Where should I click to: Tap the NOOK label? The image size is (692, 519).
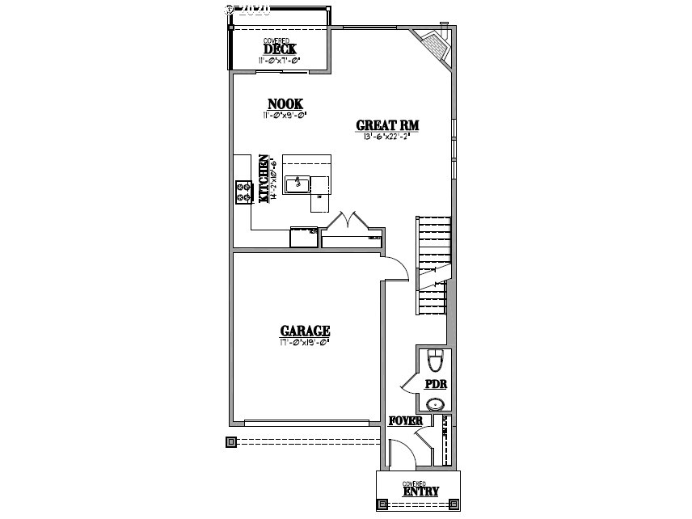pos(285,103)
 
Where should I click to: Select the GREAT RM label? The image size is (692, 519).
pos(388,125)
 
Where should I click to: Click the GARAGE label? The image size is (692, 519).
pos(305,331)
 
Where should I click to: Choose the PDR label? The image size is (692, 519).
pos(437,384)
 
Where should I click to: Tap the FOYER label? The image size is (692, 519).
pos(406,420)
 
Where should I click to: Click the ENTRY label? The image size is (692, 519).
pos(420,491)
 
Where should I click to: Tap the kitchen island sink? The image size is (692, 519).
pos(297,183)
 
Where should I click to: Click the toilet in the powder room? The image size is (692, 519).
pos(435,357)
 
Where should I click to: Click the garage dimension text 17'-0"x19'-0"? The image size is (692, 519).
pos(305,342)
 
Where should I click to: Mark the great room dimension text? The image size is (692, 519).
pos(388,136)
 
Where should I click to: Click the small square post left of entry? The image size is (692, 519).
pos(231,441)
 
